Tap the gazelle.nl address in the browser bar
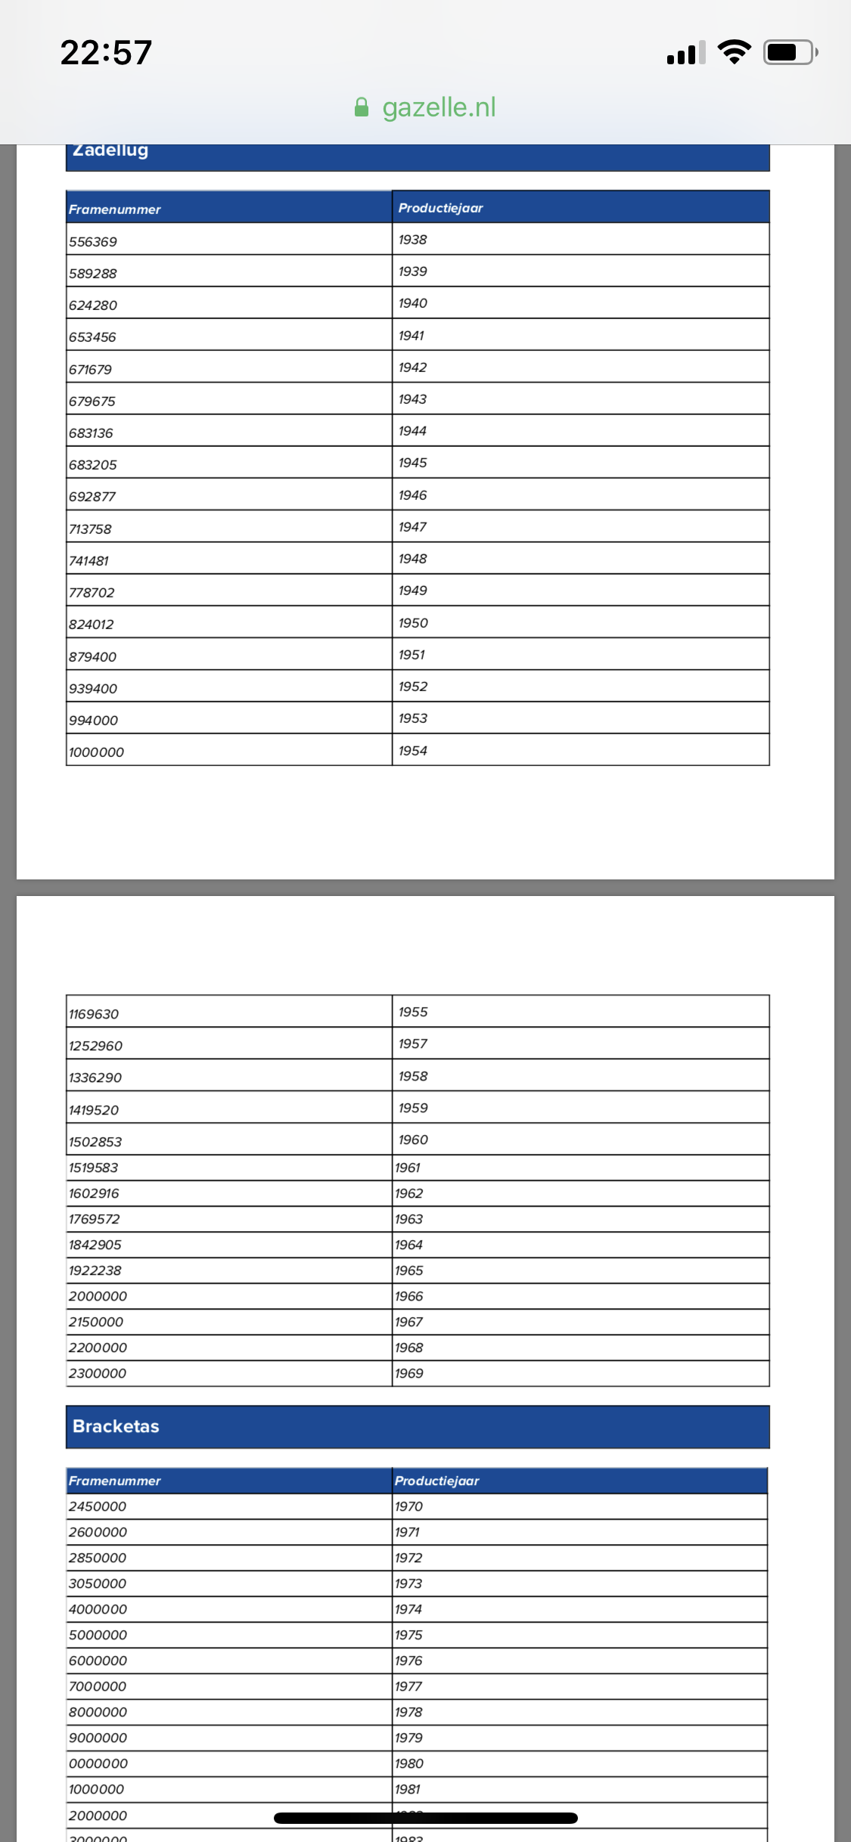[438, 107]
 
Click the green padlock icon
[362, 107]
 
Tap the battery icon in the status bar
[790, 52]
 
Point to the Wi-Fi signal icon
[734, 51]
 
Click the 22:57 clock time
[107, 52]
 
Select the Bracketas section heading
[116, 1426]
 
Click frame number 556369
[93, 242]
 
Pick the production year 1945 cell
[413, 463]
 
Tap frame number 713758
[90, 529]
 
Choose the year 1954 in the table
[413, 751]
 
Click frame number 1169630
[94, 1014]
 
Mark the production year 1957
[413, 1043]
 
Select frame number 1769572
[95, 1219]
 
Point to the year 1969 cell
[409, 1373]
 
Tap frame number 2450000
[98, 1506]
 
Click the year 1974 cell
[408, 1609]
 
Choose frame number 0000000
[98, 1763]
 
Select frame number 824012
[92, 625]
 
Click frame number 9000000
[98, 1738]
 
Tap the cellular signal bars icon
[685, 53]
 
